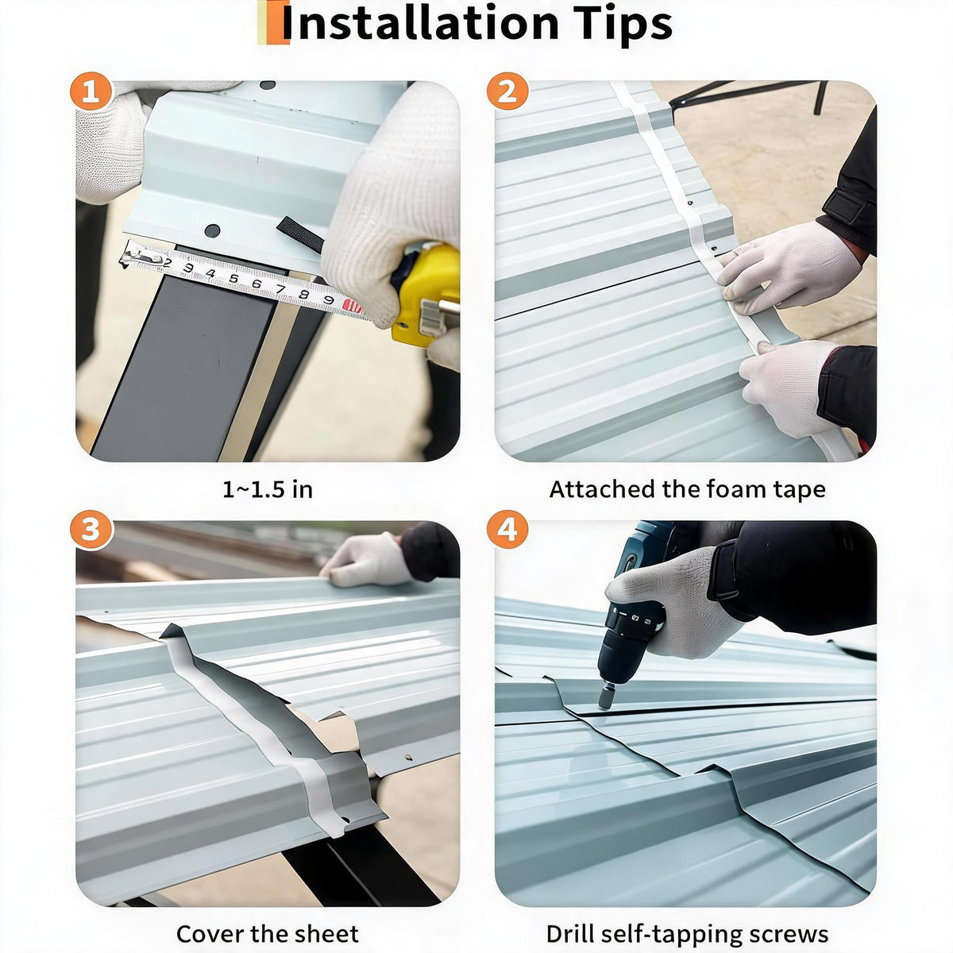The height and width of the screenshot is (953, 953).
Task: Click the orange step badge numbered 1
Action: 91,91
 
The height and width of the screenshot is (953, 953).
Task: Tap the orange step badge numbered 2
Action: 507,91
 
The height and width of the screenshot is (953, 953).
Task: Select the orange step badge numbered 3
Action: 91,530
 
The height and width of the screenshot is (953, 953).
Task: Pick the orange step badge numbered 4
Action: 507,530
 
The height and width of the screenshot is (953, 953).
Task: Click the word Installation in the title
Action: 420,23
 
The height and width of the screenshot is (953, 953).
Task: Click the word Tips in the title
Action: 626,25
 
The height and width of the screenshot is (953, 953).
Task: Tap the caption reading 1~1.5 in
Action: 268,490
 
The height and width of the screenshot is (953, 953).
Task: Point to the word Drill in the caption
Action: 569,920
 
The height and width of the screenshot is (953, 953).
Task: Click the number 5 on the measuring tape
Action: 233,279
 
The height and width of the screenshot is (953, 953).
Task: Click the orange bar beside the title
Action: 273,22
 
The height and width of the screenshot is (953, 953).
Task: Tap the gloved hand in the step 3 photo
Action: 366,561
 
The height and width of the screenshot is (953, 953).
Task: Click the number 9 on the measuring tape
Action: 328,299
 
